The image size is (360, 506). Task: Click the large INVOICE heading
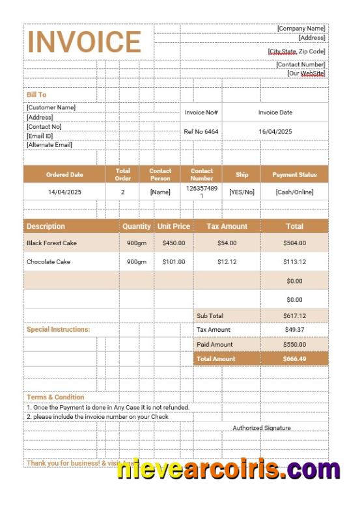pyautogui.click(x=84, y=42)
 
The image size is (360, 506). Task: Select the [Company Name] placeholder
pyautogui.click(x=301, y=29)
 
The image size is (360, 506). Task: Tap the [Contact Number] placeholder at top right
pyautogui.click(x=300, y=64)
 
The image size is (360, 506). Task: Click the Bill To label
pyautogui.click(x=36, y=94)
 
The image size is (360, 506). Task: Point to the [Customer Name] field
pyautogui.click(x=51, y=107)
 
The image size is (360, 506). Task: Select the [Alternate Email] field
pyautogui.click(x=49, y=144)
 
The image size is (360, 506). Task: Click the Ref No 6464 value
pyautogui.click(x=201, y=131)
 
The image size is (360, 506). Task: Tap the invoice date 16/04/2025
pyautogui.click(x=275, y=131)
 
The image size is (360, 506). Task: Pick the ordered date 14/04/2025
pyautogui.click(x=64, y=192)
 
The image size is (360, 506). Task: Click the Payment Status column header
pyautogui.click(x=294, y=174)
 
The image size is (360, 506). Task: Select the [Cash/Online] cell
pyautogui.click(x=294, y=192)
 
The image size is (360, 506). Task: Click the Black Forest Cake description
pyautogui.click(x=51, y=243)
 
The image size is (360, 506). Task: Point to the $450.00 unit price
pyautogui.click(x=174, y=243)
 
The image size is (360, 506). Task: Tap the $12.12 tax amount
pyautogui.click(x=227, y=261)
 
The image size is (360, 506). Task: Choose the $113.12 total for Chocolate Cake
pyautogui.click(x=294, y=261)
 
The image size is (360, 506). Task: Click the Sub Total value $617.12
pyautogui.click(x=294, y=315)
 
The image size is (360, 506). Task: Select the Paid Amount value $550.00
pyautogui.click(x=294, y=344)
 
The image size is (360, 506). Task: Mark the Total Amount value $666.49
pyautogui.click(x=294, y=358)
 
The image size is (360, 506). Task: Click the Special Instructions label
pyautogui.click(x=59, y=330)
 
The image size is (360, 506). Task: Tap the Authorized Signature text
pyautogui.click(x=262, y=428)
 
